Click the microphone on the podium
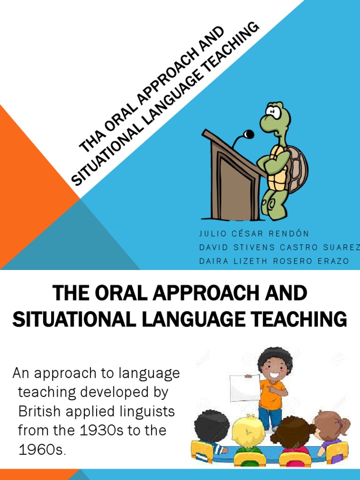(x=248, y=135)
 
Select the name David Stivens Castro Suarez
(x=279, y=247)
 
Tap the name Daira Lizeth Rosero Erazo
(x=274, y=261)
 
